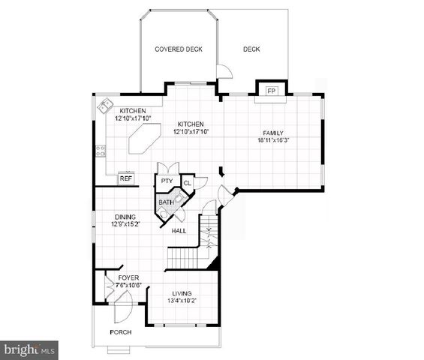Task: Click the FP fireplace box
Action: [272, 90]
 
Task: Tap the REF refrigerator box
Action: [126, 178]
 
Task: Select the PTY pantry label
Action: [166, 181]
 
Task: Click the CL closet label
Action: [188, 182]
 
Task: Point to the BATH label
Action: [166, 202]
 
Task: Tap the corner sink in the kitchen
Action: [105, 106]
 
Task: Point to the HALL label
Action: [179, 231]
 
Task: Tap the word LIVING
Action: [182, 293]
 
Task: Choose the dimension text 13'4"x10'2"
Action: [182, 301]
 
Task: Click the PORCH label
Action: [121, 331]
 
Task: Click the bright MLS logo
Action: [30, 349]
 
